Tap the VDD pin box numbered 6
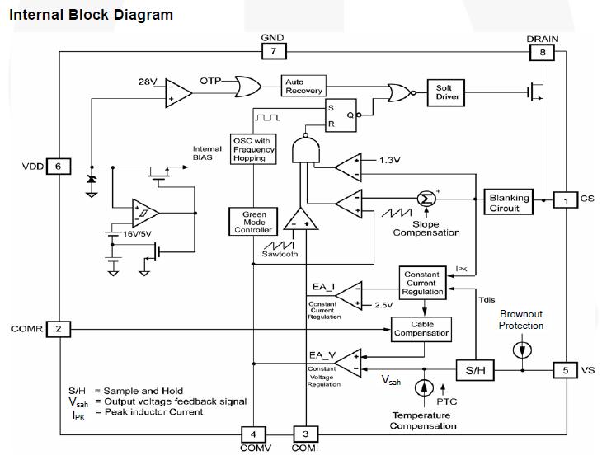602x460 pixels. click(x=59, y=166)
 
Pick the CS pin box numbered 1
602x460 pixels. click(x=566, y=199)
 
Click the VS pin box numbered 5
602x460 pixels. click(x=565, y=370)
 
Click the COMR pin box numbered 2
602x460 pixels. click(x=59, y=329)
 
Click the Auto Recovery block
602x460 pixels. click(x=304, y=87)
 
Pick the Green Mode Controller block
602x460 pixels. click(x=254, y=221)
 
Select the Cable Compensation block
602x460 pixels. click(x=421, y=329)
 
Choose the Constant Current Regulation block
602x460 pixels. click(x=422, y=282)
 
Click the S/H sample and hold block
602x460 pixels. click(x=474, y=371)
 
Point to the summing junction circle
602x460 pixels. click(x=426, y=198)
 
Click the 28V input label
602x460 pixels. click(x=148, y=82)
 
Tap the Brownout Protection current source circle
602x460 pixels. click(x=521, y=350)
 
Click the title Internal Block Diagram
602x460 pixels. click(x=91, y=15)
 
